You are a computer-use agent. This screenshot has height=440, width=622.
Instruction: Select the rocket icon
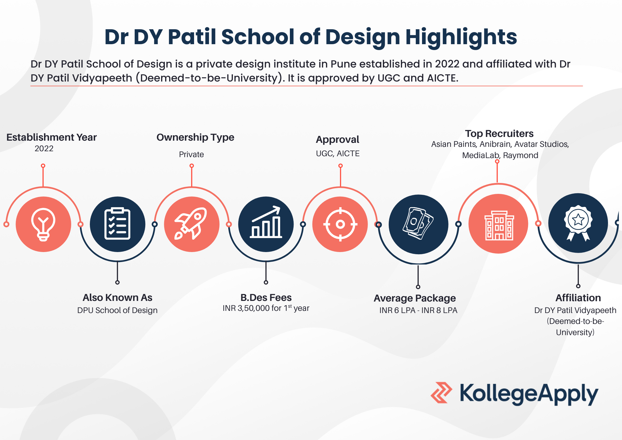[191, 223]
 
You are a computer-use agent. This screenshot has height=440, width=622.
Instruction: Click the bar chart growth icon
[266, 222]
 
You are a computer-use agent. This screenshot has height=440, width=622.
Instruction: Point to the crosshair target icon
[340, 224]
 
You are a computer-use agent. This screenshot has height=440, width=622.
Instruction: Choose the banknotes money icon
[418, 223]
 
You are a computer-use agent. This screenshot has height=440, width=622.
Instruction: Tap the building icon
[499, 225]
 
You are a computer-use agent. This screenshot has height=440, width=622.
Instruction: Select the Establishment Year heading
[52, 137]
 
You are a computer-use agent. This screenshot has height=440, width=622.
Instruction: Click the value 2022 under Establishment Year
[44, 148]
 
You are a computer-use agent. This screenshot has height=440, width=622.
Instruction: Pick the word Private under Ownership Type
[191, 154]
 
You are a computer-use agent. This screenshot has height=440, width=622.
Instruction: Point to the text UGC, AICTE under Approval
[338, 153]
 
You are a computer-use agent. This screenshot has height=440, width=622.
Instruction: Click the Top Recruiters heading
[499, 133]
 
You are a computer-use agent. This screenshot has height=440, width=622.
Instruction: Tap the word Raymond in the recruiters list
[521, 155]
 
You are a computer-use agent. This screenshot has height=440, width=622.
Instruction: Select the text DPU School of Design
[117, 310]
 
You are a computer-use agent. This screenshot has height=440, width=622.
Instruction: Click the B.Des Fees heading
[266, 297]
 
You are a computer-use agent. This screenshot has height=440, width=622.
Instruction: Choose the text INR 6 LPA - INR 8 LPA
[418, 310]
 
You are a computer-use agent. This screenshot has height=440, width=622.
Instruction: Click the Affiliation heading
[578, 298]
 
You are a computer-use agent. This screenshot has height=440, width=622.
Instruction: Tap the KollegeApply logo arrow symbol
[441, 393]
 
